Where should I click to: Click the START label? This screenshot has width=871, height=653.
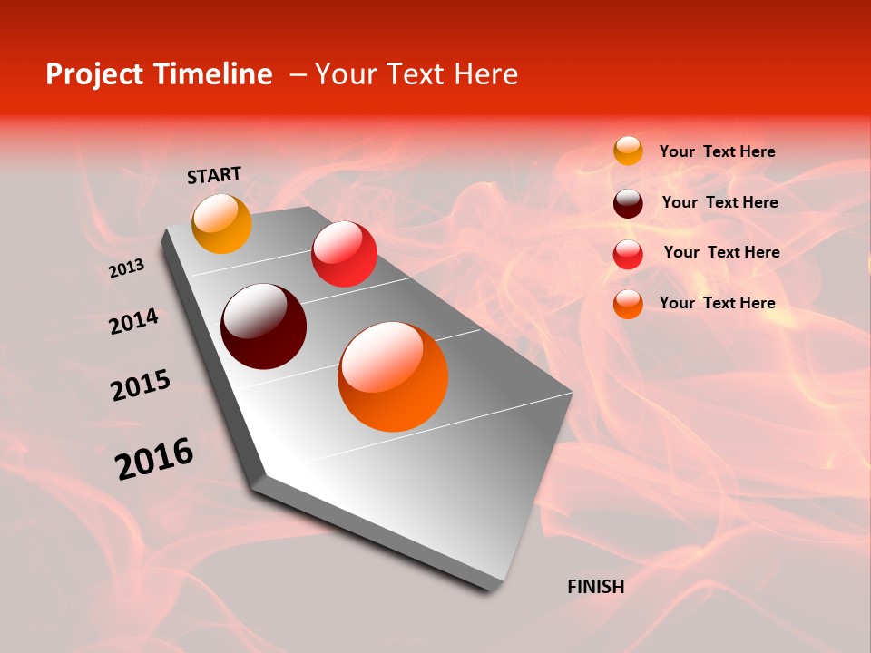[x=214, y=175]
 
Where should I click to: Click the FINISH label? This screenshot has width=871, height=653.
[x=595, y=587]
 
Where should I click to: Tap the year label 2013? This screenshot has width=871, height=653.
[x=127, y=268]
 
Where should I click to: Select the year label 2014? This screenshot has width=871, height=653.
[x=133, y=321]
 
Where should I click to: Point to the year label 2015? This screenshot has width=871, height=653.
[x=141, y=385]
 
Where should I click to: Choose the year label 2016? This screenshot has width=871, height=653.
[x=154, y=458]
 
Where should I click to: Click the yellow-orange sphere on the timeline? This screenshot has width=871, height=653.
[x=221, y=224]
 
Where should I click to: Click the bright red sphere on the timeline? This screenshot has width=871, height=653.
[x=344, y=254]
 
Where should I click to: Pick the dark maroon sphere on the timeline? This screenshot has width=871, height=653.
[x=264, y=326]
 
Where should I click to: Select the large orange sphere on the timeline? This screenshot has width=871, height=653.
[x=393, y=376]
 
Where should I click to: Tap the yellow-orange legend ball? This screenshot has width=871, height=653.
[x=628, y=151]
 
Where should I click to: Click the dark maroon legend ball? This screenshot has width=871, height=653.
[x=628, y=202]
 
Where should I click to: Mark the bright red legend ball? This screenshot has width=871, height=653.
[x=628, y=254]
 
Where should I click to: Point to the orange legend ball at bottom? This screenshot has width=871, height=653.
[x=628, y=304]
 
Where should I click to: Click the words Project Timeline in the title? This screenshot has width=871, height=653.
[x=159, y=74]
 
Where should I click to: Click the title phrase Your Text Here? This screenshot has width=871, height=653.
[x=416, y=74]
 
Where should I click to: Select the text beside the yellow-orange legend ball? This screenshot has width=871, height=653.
[x=717, y=151]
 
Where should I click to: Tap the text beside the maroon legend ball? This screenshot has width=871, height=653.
[x=719, y=202]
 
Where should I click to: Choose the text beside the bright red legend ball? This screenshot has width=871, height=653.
[x=721, y=252]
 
